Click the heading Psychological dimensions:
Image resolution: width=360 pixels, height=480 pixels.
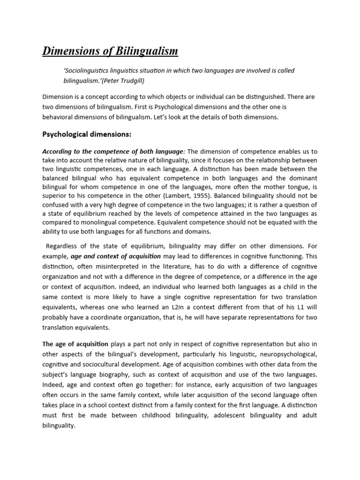pyautogui.click(x=87, y=135)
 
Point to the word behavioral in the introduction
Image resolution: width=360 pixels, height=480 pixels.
pyautogui.click(x=58, y=118)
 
